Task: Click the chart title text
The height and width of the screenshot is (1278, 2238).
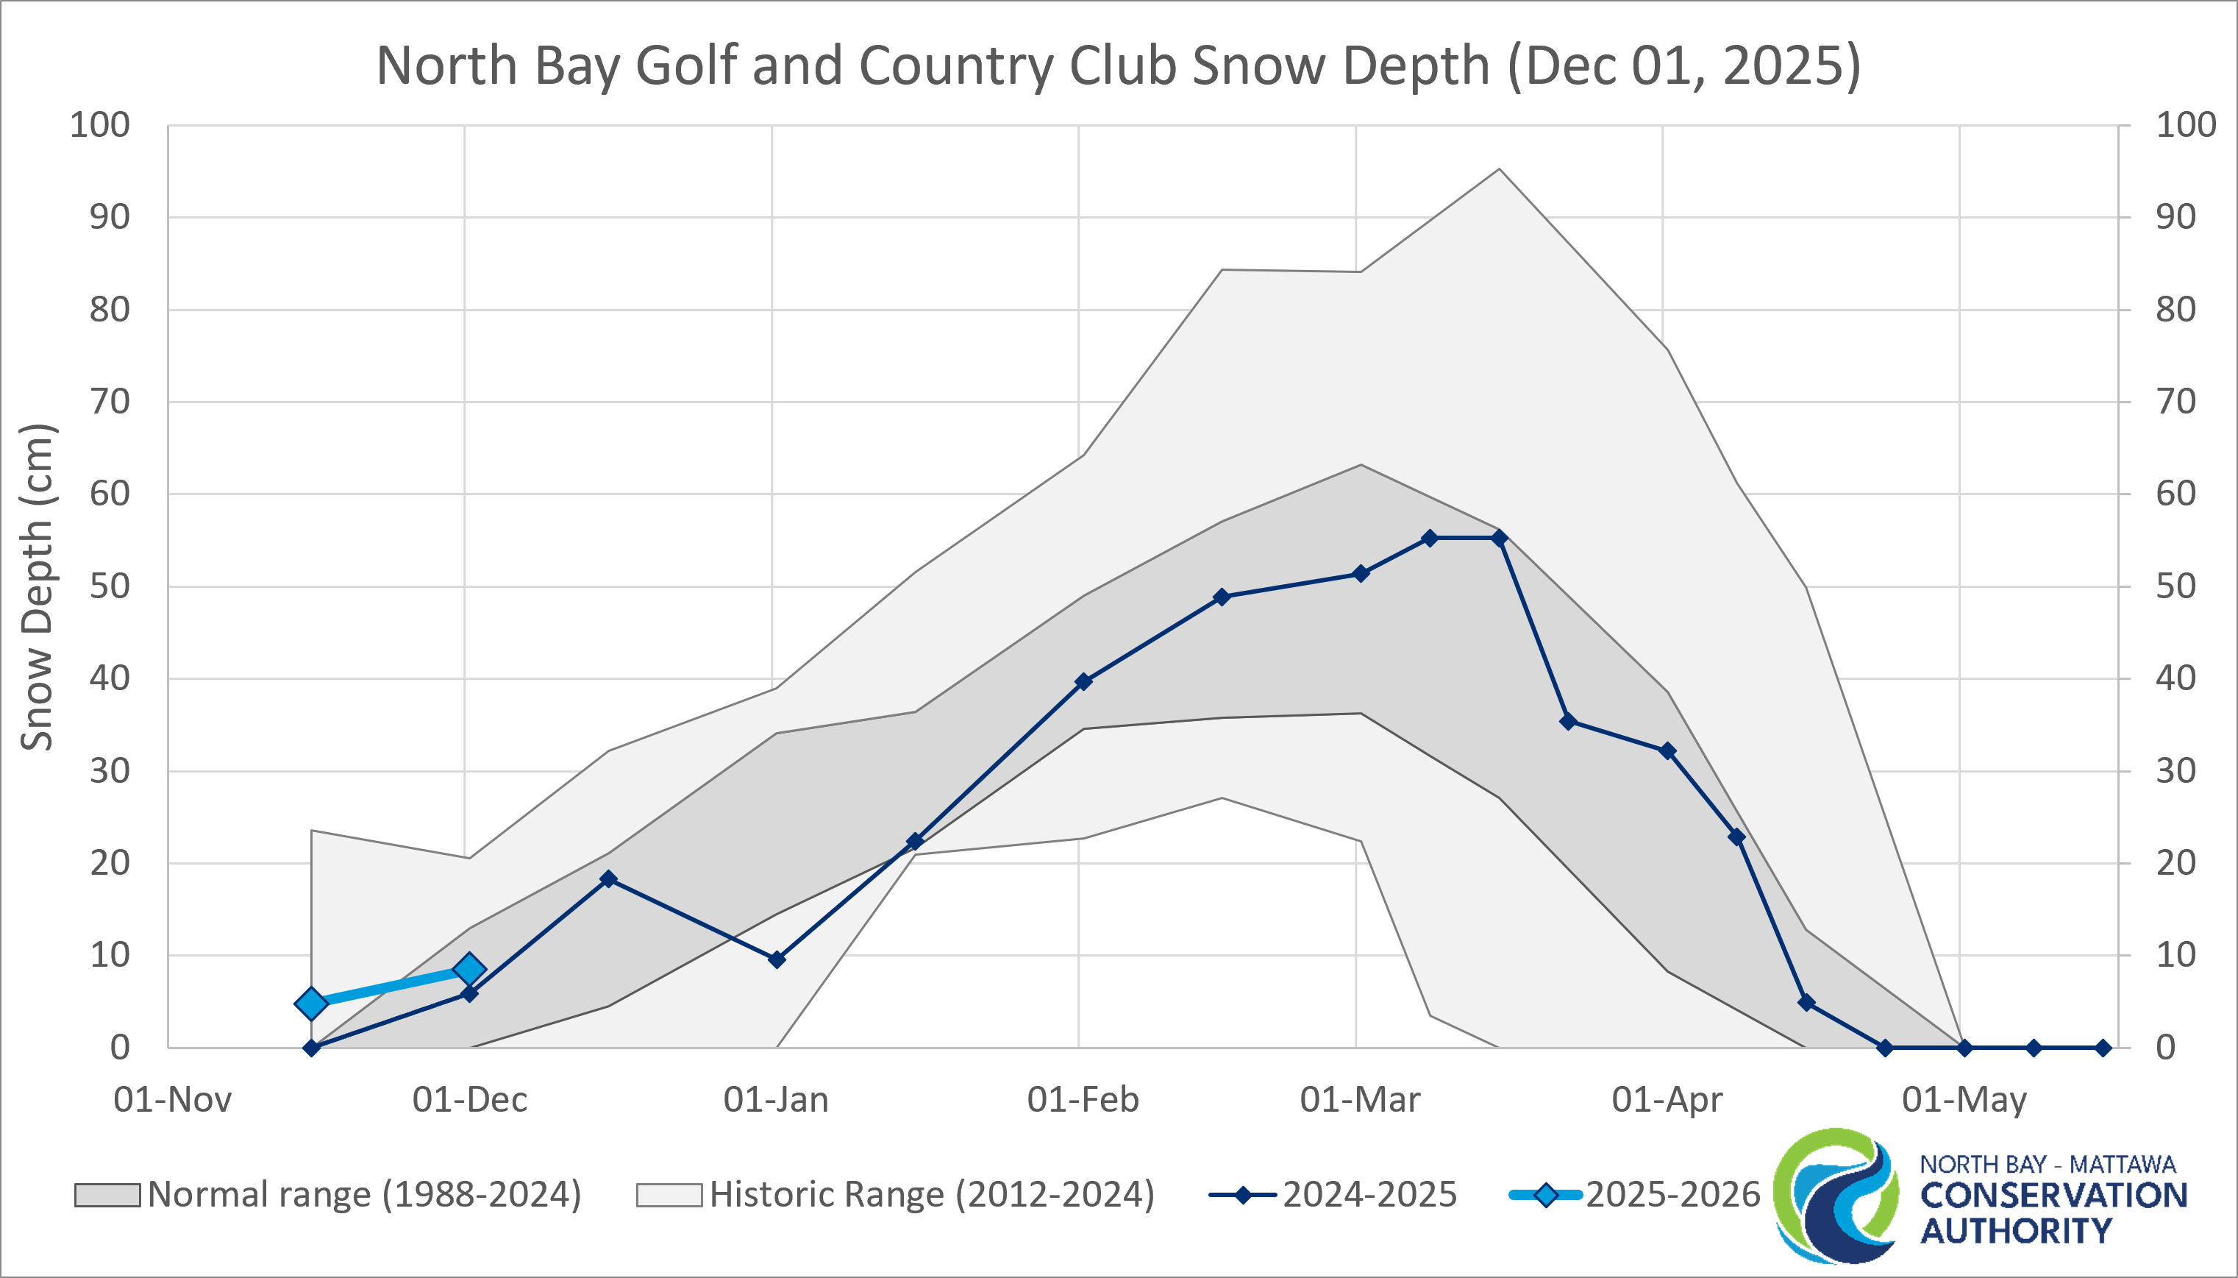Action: tap(1119, 65)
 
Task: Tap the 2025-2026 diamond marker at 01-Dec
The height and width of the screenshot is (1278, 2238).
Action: tap(469, 969)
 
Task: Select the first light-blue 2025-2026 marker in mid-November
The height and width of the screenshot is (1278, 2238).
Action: tap(311, 1004)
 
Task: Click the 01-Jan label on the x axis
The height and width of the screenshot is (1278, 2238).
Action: tap(775, 1100)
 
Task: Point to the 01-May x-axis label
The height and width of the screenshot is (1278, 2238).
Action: tap(1964, 1100)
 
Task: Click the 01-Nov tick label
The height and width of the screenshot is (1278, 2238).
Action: tap(173, 1100)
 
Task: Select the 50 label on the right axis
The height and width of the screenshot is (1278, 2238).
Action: tap(2175, 586)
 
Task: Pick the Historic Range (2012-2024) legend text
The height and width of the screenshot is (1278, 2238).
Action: tap(932, 1195)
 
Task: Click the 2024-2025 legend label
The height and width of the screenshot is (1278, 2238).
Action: tap(1369, 1195)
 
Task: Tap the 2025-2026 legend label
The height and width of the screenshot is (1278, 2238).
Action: tap(1672, 1195)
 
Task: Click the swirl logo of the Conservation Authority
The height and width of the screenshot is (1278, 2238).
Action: tap(1835, 1196)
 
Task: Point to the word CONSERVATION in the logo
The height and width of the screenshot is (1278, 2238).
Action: tap(2053, 1196)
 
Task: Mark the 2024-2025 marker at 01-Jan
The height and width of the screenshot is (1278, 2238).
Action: tap(777, 959)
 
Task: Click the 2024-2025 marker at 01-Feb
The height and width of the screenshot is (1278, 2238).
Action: tap(1083, 681)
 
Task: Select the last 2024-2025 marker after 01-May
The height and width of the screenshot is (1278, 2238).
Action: tap(2103, 1048)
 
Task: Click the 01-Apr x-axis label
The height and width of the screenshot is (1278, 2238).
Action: tap(1667, 1100)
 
